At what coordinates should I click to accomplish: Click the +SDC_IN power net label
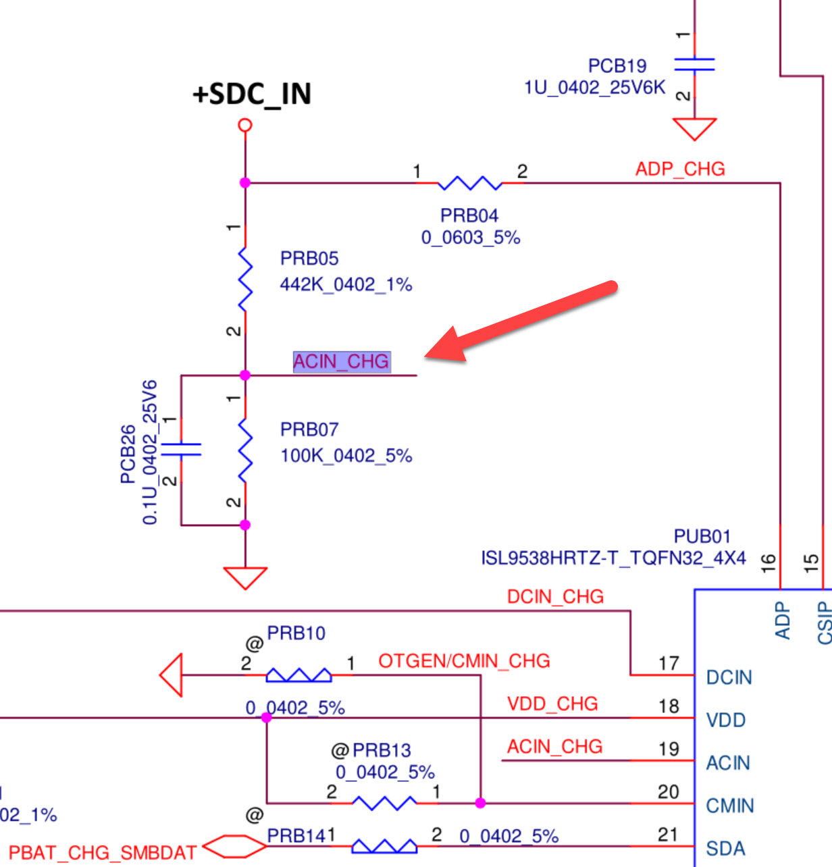click(252, 94)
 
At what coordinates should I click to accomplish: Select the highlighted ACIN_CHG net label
click(341, 362)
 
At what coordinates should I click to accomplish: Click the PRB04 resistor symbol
click(469, 183)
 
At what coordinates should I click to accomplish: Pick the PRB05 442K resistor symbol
click(245, 279)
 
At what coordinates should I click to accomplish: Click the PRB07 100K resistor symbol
click(245, 450)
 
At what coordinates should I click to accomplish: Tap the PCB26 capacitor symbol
click(181, 449)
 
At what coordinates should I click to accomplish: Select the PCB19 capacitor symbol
click(694, 64)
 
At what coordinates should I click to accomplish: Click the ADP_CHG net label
click(680, 169)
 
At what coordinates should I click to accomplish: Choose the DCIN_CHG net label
click(555, 597)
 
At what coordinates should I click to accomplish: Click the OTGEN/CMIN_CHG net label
click(464, 661)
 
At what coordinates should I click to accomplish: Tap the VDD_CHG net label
click(552, 704)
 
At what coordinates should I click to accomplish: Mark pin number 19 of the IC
click(669, 749)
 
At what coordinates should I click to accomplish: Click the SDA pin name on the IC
click(725, 848)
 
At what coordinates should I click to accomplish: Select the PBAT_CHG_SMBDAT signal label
click(103, 852)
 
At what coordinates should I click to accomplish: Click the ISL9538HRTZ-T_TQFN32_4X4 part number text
click(613, 558)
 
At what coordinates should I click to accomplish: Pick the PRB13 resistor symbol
click(384, 803)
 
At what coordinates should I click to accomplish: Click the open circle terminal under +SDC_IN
click(245, 125)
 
